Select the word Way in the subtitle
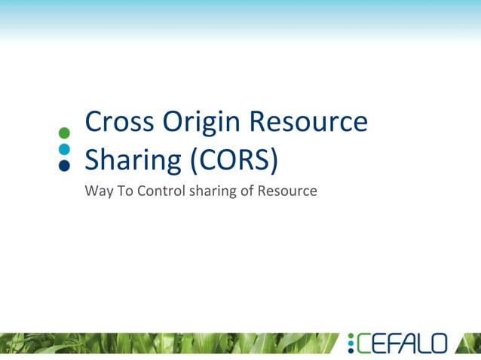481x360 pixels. (x=97, y=191)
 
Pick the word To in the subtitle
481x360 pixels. (x=121, y=191)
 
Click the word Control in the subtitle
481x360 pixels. (x=155, y=191)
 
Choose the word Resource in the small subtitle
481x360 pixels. (x=287, y=191)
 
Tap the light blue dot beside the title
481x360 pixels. (x=64, y=149)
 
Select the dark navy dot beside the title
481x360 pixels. (x=64, y=165)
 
